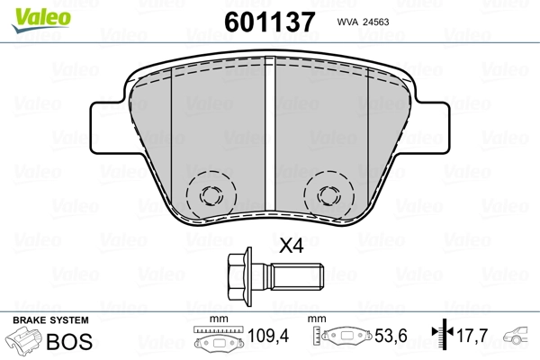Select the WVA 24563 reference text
(368, 24)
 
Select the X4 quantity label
(291, 246)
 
